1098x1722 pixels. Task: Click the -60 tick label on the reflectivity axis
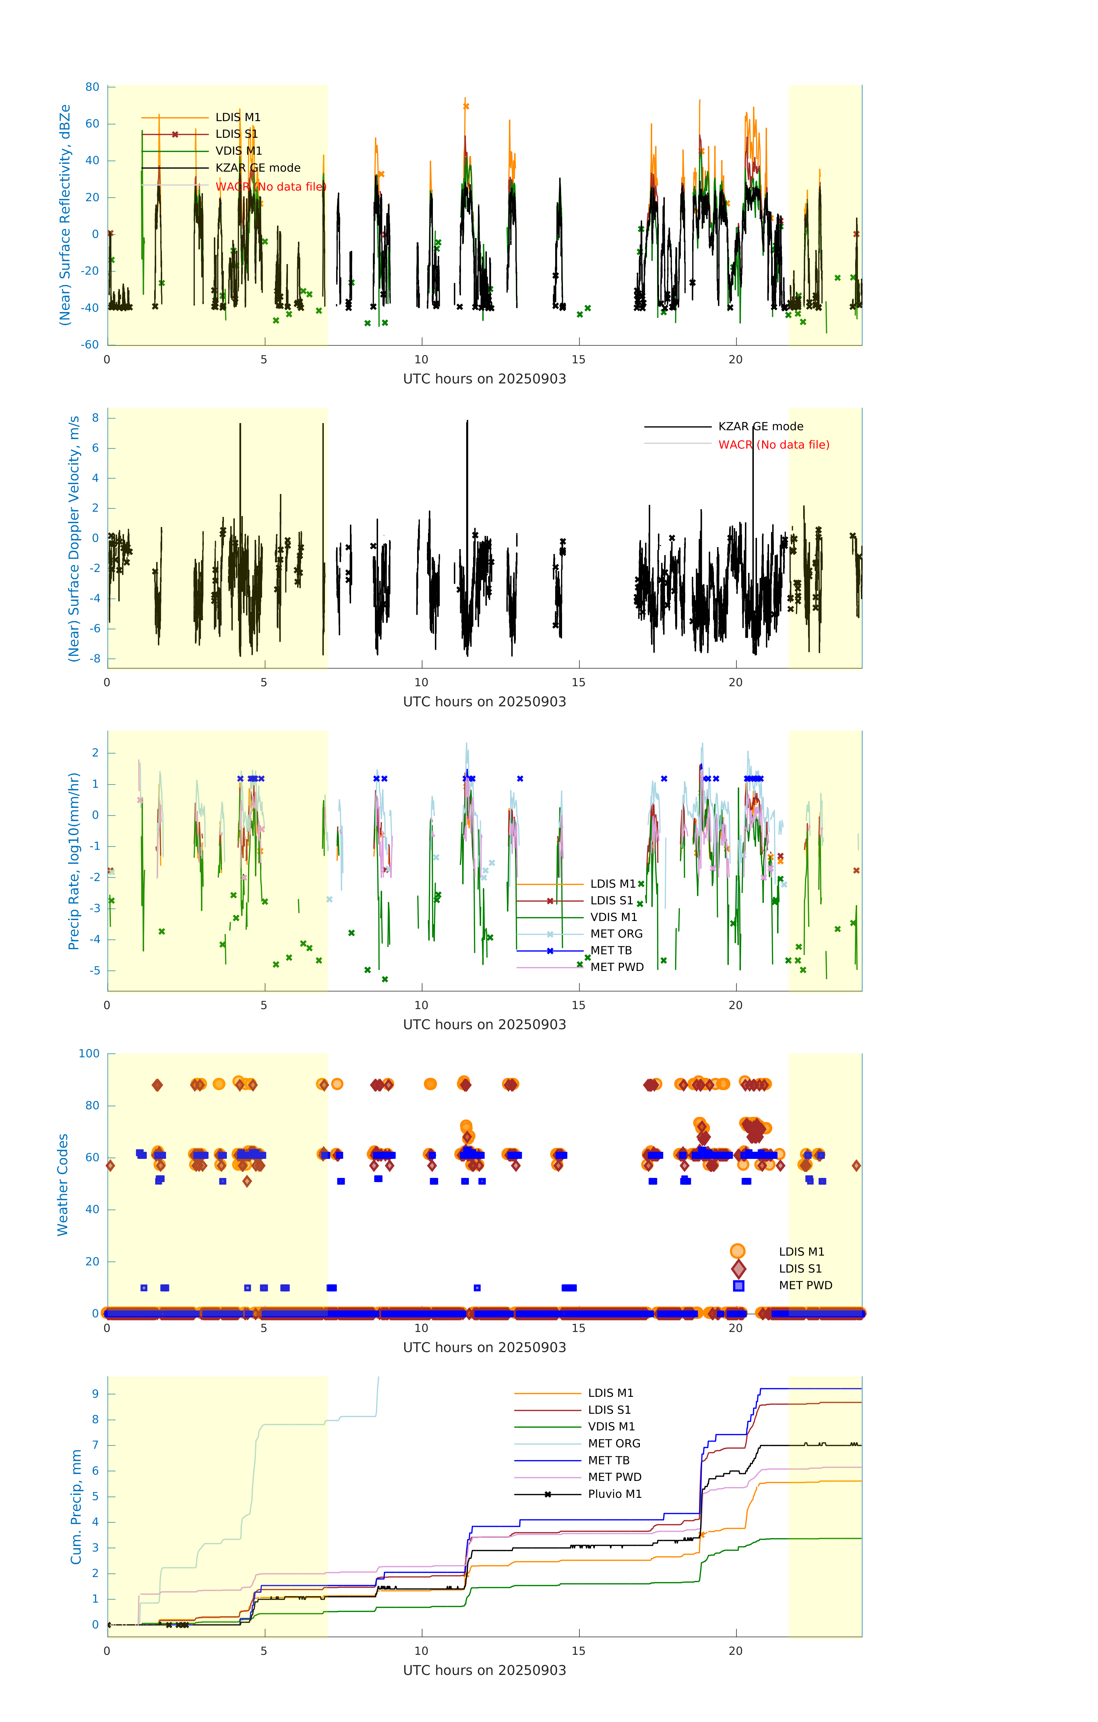pyautogui.click(x=89, y=345)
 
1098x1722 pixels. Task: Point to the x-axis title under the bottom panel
pyautogui.click(x=484, y=1671)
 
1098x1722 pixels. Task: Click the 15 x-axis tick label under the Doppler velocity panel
pyautogui.click(x=578, y=682)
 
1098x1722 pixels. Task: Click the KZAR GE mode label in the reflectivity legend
pyautogui.click(x=257, y=168)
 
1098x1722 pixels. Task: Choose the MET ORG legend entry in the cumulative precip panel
pyautogui.click(x=614, y=1444)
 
